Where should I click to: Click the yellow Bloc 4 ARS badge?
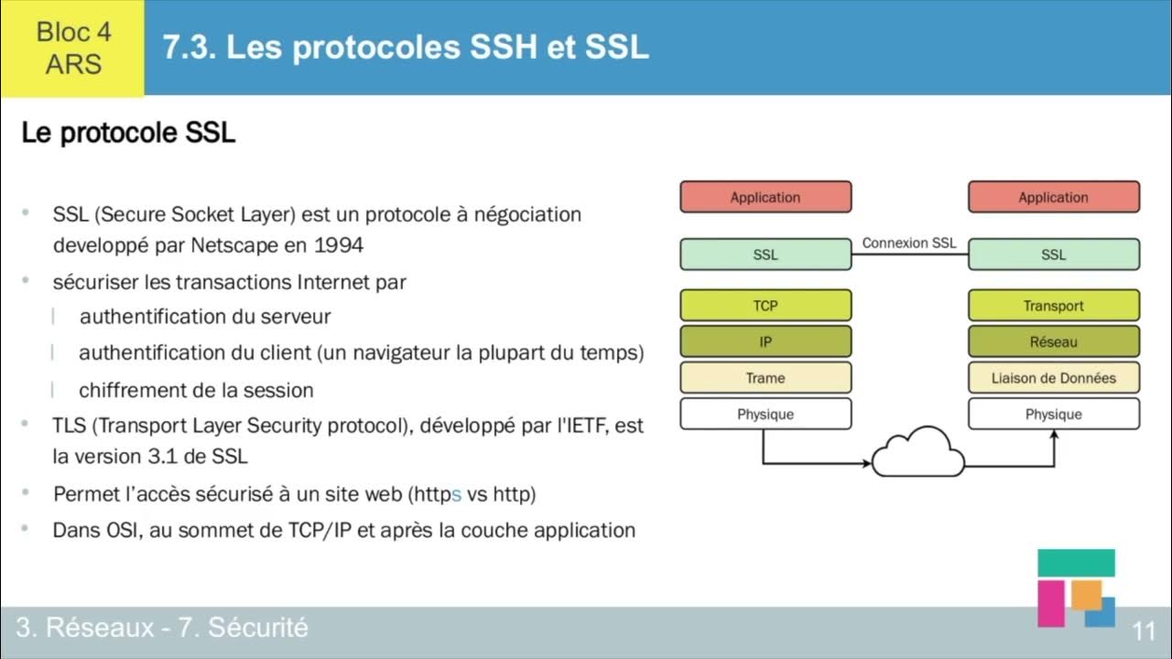tap(72, 48)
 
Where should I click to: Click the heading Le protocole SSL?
tap(128, 133)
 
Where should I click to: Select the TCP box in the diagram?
tap(765, 306)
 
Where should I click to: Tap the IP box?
tap(765, 341)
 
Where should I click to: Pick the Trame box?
tap(765, 377)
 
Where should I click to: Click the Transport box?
tap(1054, 306)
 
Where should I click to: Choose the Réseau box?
tap(1054, 341)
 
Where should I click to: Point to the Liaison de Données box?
tap(1054, 377)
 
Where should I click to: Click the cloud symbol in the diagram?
tap(917, 453)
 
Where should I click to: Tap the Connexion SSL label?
tap(909, 243)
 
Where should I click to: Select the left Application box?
tap(765, 197)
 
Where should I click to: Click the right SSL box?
tap(1054, 254)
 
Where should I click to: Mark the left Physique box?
tap(765, 414)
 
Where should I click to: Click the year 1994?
tap(339, 245)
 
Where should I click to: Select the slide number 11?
tap(1145, 632)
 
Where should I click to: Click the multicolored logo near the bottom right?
tap(1076, 588)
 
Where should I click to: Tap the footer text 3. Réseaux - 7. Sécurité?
tap(162, 628)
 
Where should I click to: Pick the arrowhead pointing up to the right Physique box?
tap(1054, 435)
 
